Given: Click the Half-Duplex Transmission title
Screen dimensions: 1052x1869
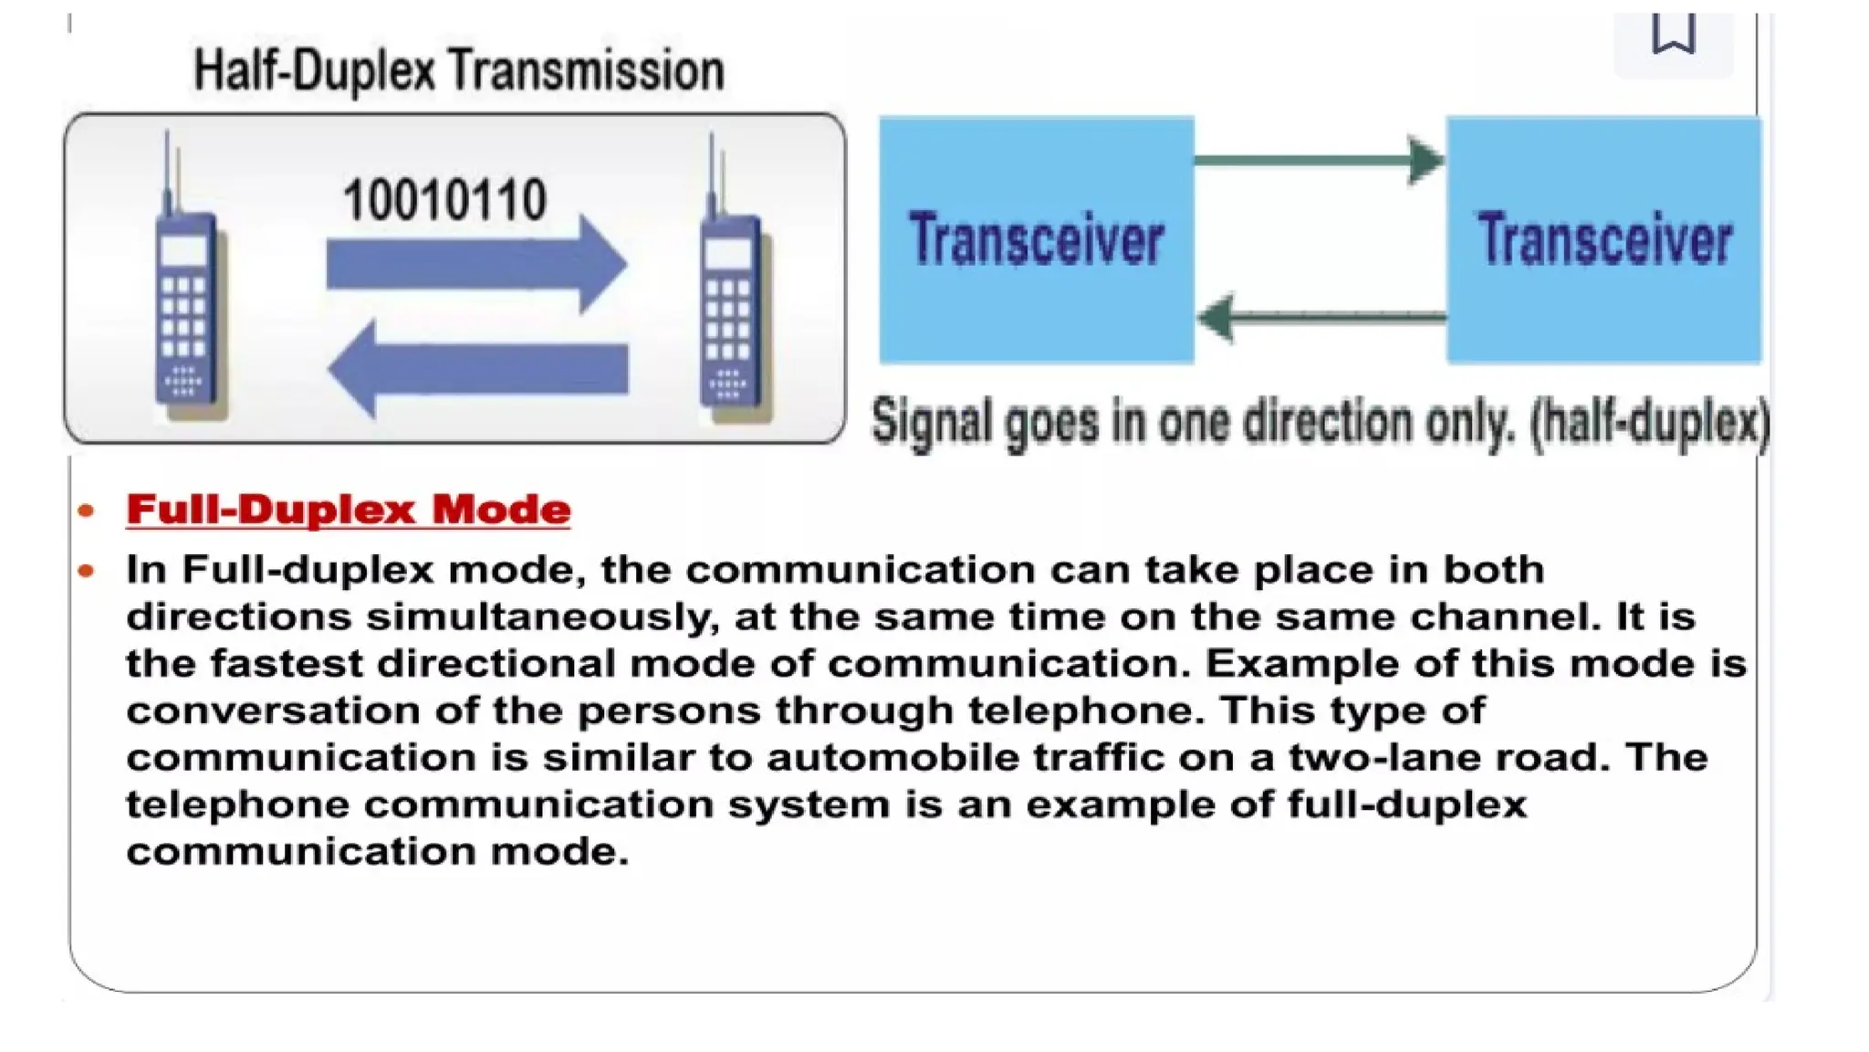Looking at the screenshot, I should [x=459, y=70].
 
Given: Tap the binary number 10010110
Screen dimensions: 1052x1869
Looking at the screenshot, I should [x=444, y=200].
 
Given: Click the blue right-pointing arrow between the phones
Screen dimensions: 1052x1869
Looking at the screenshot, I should [x=475, y=264].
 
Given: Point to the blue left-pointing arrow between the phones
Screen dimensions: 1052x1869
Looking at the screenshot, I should [x=476, y=369].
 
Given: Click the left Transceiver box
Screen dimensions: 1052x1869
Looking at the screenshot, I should [x=1036, y=239].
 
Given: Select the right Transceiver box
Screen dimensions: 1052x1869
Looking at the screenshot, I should [x=1603, y=239].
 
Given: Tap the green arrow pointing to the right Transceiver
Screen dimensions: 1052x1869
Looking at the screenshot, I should [x=1320, y=161].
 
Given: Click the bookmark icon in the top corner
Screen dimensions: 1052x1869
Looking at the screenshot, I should [x=1673, y=35].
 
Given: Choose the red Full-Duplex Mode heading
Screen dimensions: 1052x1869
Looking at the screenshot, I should [x=349, y=510].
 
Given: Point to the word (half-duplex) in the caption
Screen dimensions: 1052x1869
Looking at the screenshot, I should [x=1650, y=424].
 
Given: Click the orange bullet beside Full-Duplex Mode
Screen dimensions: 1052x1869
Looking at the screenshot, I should [x=87, y=510].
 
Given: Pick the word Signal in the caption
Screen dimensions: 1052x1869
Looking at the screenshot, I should [x=932, y=424].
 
